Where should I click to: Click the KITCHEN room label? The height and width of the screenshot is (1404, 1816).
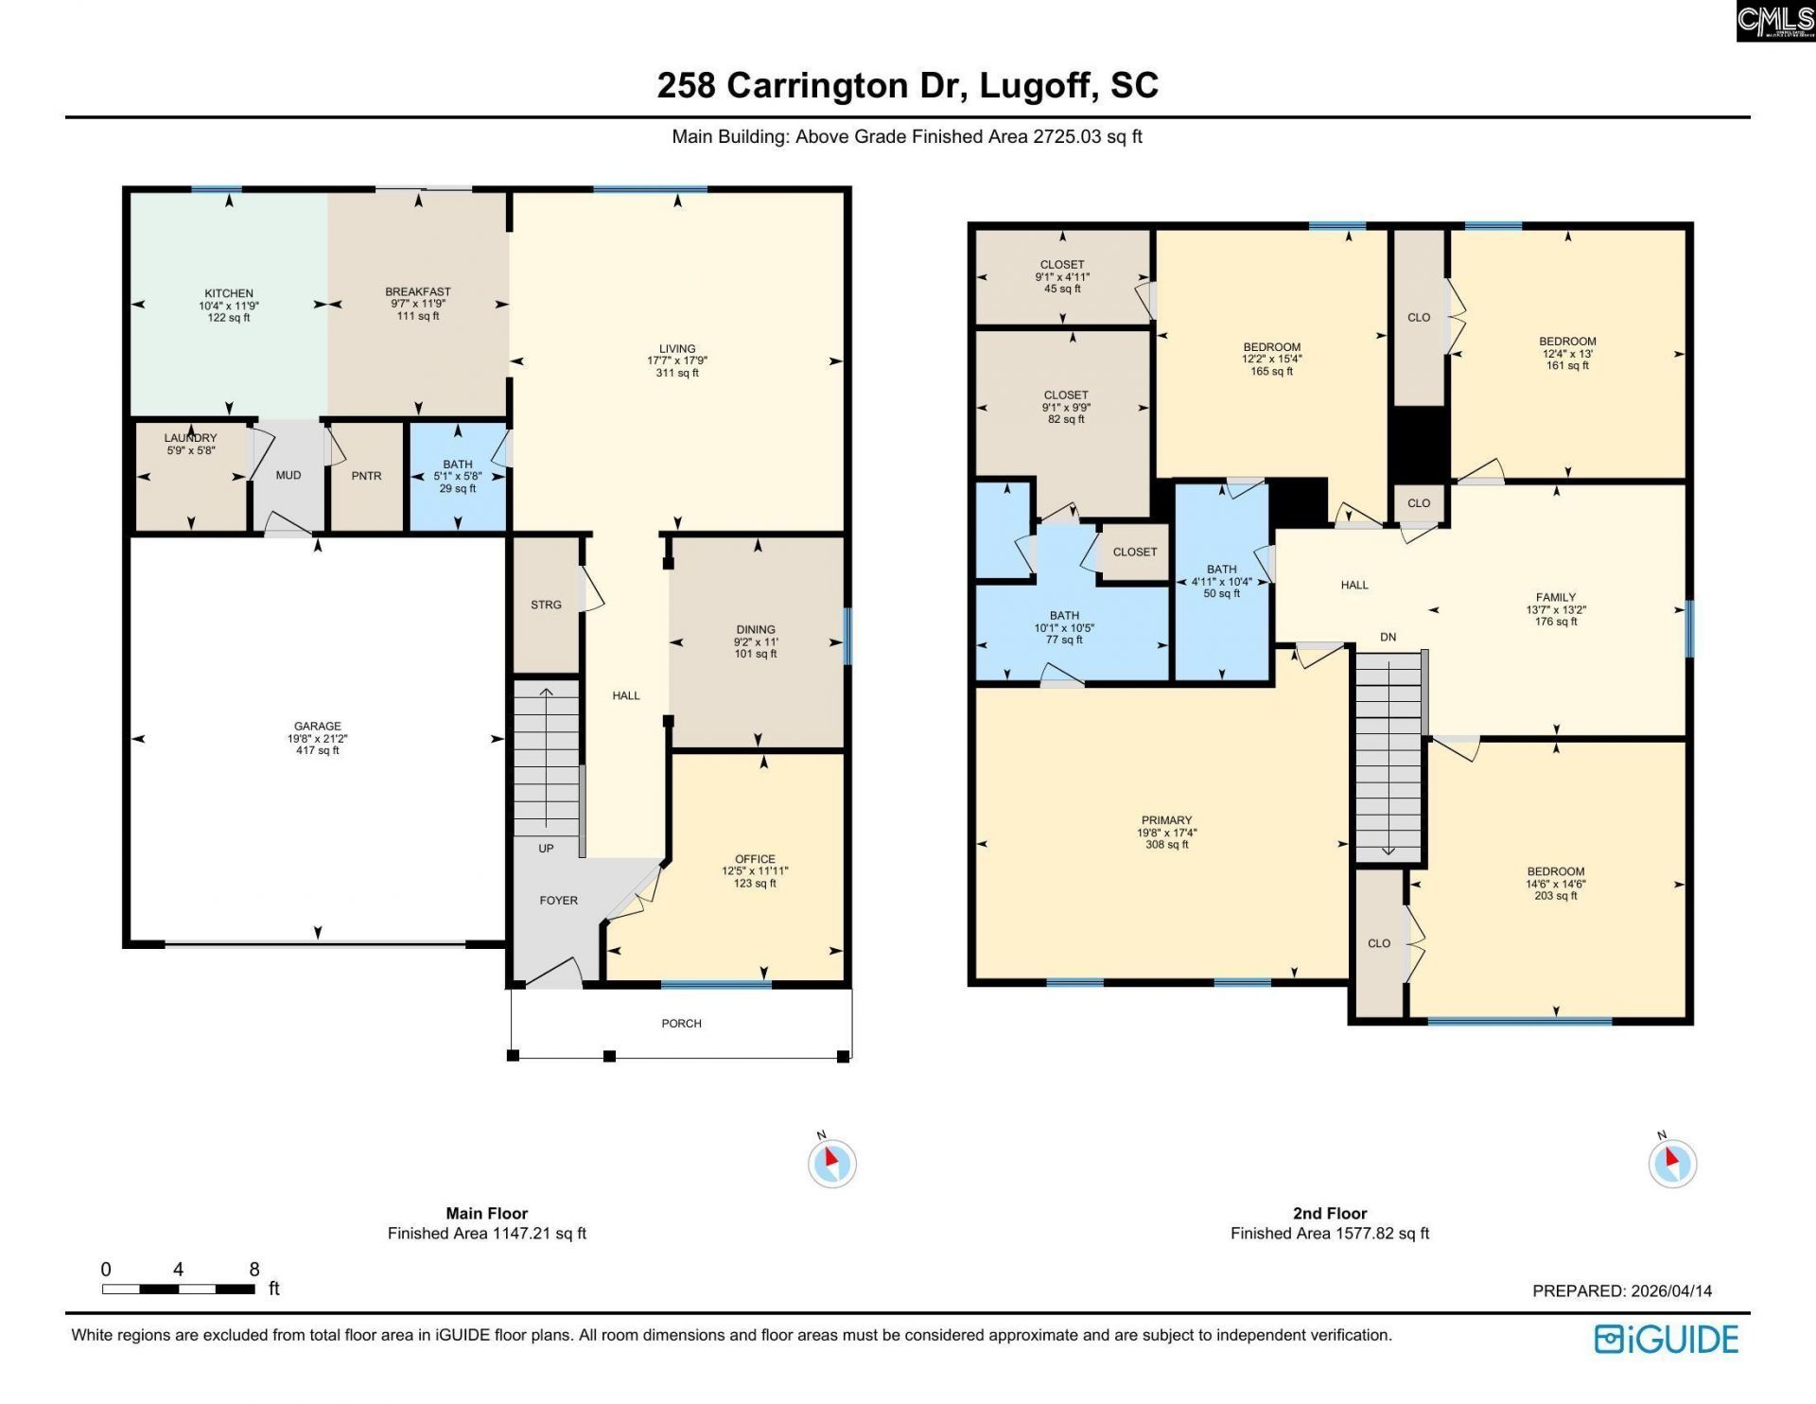[229, 294]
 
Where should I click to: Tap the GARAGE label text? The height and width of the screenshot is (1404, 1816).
[317, 727]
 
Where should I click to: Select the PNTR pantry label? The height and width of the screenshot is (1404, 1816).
[366, 476]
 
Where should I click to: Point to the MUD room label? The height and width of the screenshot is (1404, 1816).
[288, 475]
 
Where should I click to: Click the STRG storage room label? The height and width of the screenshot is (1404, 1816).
[546, 605]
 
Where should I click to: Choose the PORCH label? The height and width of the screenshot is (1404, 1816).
[681, 1024]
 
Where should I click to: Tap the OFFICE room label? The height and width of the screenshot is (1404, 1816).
[755, 859]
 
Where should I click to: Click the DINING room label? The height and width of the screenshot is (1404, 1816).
[756, 629]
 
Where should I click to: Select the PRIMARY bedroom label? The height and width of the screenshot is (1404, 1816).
[1166, 820]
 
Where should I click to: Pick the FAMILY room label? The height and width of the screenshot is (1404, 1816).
[1556, 597]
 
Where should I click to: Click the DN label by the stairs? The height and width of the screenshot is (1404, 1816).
[1388, 637]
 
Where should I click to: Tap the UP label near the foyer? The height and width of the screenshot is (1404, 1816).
[546, 849]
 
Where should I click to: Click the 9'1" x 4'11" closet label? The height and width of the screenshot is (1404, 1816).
[1062, 277]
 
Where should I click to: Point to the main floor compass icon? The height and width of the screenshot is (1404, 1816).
[832, 1163]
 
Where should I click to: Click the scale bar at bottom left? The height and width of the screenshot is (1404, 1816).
[178, 1289]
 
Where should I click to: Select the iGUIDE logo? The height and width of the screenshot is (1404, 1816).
[1667, 1339]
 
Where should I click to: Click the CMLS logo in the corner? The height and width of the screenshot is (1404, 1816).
[1774, 21]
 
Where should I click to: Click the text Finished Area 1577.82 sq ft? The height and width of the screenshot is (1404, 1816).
[1329, 1233]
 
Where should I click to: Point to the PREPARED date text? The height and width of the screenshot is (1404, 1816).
[1621, 1290]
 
